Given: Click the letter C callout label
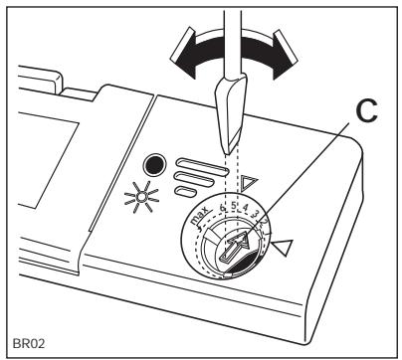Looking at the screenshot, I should click(344, 115).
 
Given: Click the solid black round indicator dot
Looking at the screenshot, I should click(151, 164).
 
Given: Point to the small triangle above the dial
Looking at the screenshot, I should click(251, 183).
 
